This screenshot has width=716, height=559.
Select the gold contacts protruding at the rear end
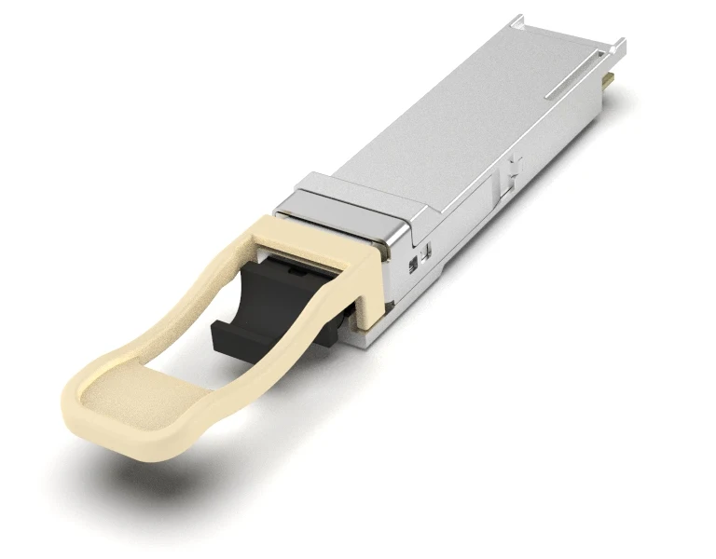pos(607,83)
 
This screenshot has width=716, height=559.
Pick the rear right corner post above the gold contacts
pos(616,47)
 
